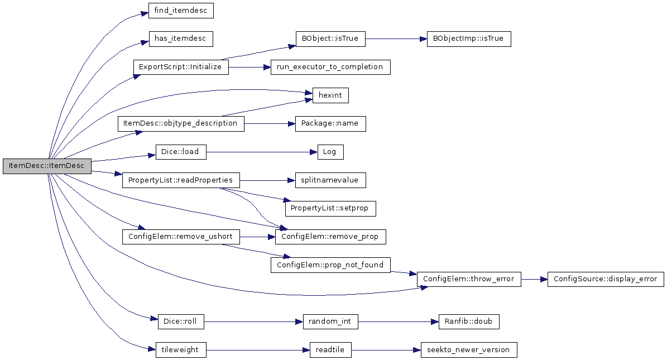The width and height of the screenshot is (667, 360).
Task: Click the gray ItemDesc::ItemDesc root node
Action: pyautogui.click(x=47, y=166)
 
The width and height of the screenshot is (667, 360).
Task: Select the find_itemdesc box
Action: pyautogui.click(x=181, y=11)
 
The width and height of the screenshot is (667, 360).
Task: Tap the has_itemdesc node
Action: pyautogui.click(x=180, y=39)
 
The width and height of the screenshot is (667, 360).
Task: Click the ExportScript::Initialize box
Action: pyautogui.click(x=180, y=67)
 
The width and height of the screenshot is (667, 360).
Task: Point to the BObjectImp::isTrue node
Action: pyautogui.click(x=469, y=39)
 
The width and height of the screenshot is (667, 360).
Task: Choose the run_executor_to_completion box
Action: pyautogui.click(x=330, y=67)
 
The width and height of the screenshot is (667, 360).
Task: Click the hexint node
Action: pyautogui.click(x=330, y=95)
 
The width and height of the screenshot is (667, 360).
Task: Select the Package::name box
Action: pyautogui.click(x=330, y=123)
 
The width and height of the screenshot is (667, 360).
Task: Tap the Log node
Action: pyautogui.click(x=330, y=152)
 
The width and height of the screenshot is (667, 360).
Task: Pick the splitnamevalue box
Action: pyautogui.click(x=330, y=180)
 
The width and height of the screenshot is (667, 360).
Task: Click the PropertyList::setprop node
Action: pyautogui.click(x=330, y=209)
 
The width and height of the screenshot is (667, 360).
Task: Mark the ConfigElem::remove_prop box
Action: pyautogui.click(x=330, y=237)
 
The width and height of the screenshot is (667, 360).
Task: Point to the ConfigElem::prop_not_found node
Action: pyautogui.click(x=330, y=265)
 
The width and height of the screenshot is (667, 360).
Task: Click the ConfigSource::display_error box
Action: pyautogui.click(x=605, y=279)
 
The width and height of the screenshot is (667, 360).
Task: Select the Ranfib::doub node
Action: pyautogui.click(x=469, y=321)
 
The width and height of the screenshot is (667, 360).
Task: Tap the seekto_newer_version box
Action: pyautogui.click(x=469, y=350)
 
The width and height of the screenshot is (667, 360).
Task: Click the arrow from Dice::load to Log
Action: pyautogui.click(x=262, y=152)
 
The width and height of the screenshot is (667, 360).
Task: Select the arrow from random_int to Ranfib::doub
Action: pyautogui.click(x=398, y=321)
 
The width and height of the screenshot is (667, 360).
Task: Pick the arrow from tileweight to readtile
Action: pyautogui.click(x=258, y=350)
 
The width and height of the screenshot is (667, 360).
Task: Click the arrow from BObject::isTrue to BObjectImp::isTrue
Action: pyautogui.click(x=396, y=39)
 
